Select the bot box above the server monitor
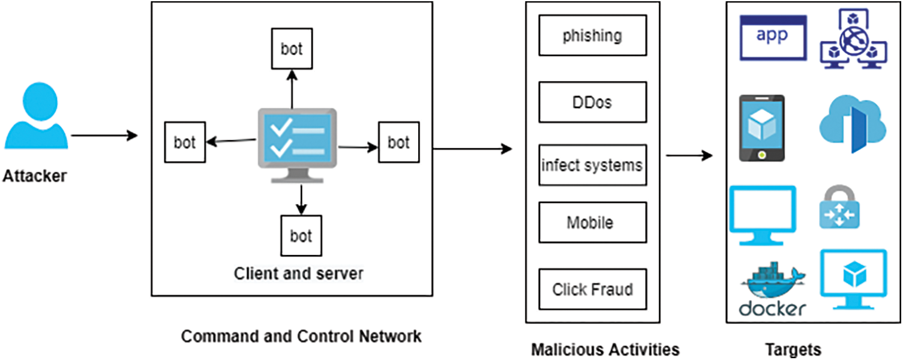click(x=292, y=49)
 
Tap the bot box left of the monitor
click(x=185, y=142)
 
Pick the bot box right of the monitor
click(x=398, y=142)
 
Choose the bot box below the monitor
click(x=301, y=236)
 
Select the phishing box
click(x=592, y=35)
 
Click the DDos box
click(x=592, y=102)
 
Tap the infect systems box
click(x=592, y=164)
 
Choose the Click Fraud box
click(x=592, y=289)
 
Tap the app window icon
click(x=773, y=37)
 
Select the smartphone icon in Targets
click(x=761, y=128)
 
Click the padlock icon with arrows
click(x=839, y=208)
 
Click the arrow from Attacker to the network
click(x=104, y=136)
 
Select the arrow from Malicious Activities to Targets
click(x=689, y=156)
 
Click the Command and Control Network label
click(x=301, y=336)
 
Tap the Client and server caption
click(x=298, y=274)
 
